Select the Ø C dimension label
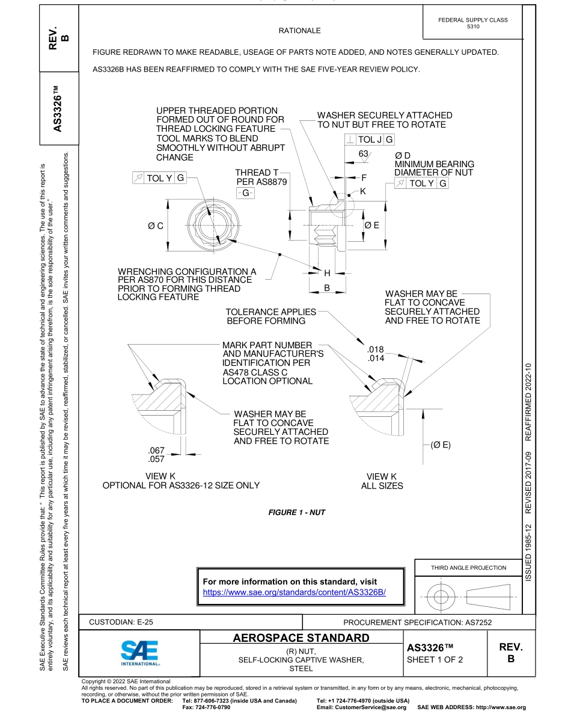pyautogui.click(x=155, y=226)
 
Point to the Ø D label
pyautogui.click(x=402, y=156)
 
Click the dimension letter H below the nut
pyautogui.click(x=328, y=272)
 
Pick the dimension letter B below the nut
pyautogui.click(x=328, y=288)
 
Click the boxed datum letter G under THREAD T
pyautogui.click(x=245, y=193)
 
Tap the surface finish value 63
pyautogui.click(x=363, y=154)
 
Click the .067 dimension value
pyautogui.click(x=156, y=451)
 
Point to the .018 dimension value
pyautogui.click(x=375, y=349)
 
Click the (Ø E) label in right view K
pyautogui.click(x=441, y=445)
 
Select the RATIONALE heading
pyautogui.click(x=300, y=31)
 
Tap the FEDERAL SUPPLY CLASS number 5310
pyautogui.click(x=473, y=27)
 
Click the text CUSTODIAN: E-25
pyautogui.click(x=125, y=623)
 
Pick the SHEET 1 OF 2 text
pyautogui.click(x=435, y=659)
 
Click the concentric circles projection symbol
pyautogui.click(x=442, y=597)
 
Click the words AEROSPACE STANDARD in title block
pyautogui.click(x=301, y=638)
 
